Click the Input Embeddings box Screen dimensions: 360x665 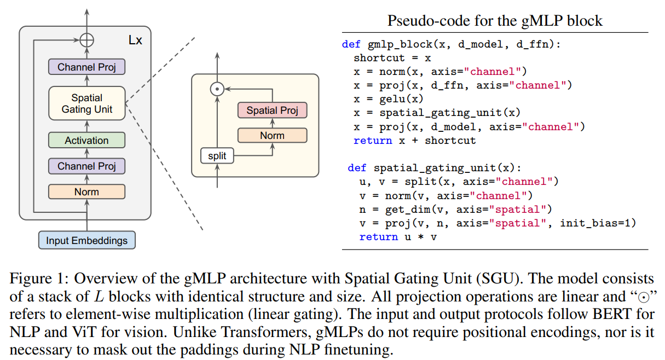click(86, 240)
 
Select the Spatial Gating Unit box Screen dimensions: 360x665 click(86, 103)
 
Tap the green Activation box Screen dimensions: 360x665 click(86, 140)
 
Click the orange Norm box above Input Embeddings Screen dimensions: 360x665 click(86, 191)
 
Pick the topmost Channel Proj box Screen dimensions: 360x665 click(86, 67)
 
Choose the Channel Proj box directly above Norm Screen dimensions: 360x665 click(86, 166)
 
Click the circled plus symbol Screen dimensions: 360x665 click(87, 40)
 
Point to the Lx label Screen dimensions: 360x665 click(135, 40)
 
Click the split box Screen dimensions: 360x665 click(217, 156)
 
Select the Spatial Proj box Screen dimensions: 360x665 click(272, 111)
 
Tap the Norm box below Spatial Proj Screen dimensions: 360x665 click(272, 135)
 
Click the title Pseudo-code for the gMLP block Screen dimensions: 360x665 click(495, 21)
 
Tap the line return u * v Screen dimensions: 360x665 click(398, 236)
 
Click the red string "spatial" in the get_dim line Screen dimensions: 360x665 click(520, 209)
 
